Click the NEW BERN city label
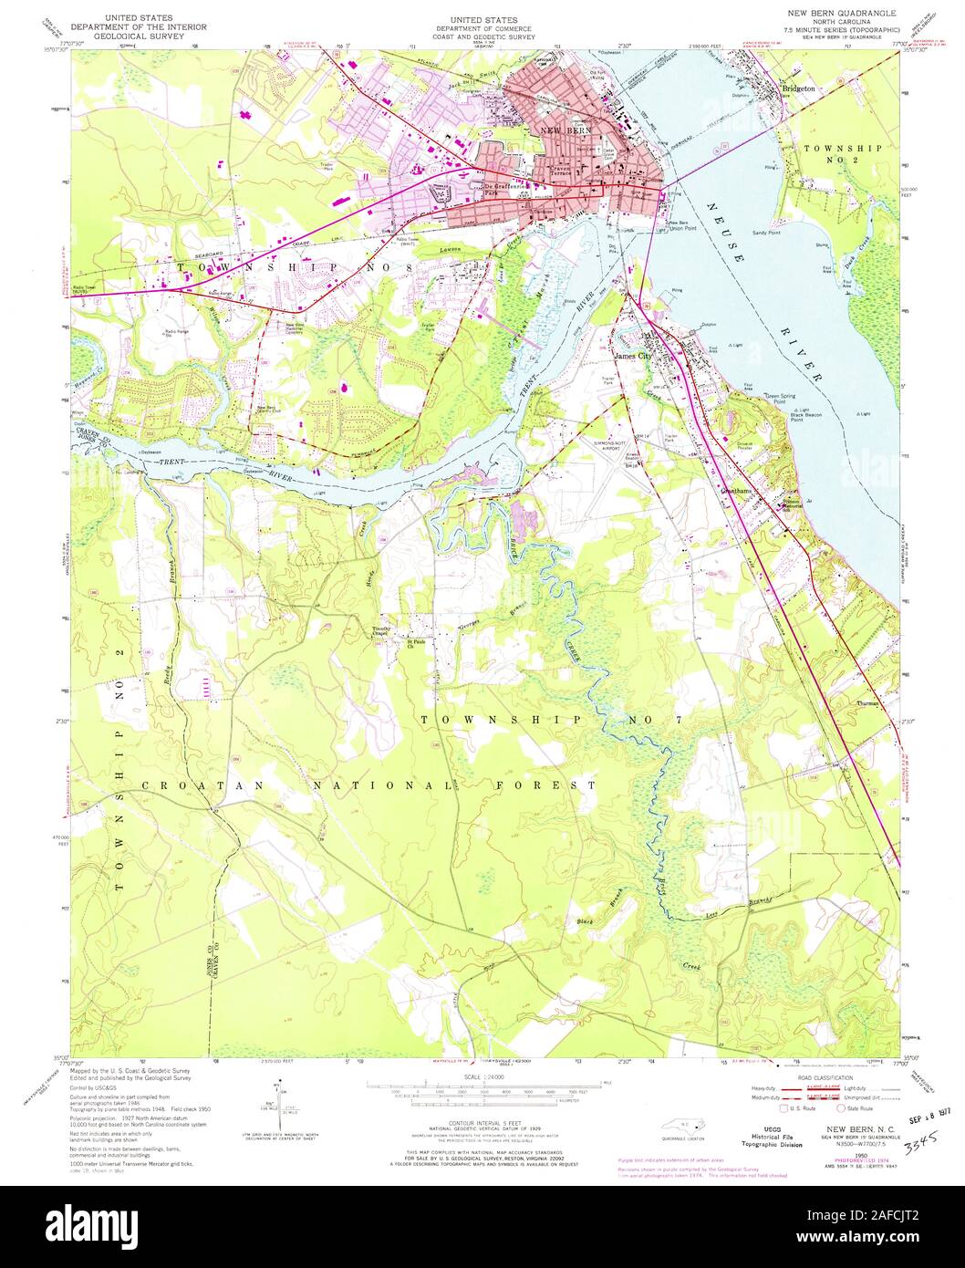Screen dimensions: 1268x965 [567, 132]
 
